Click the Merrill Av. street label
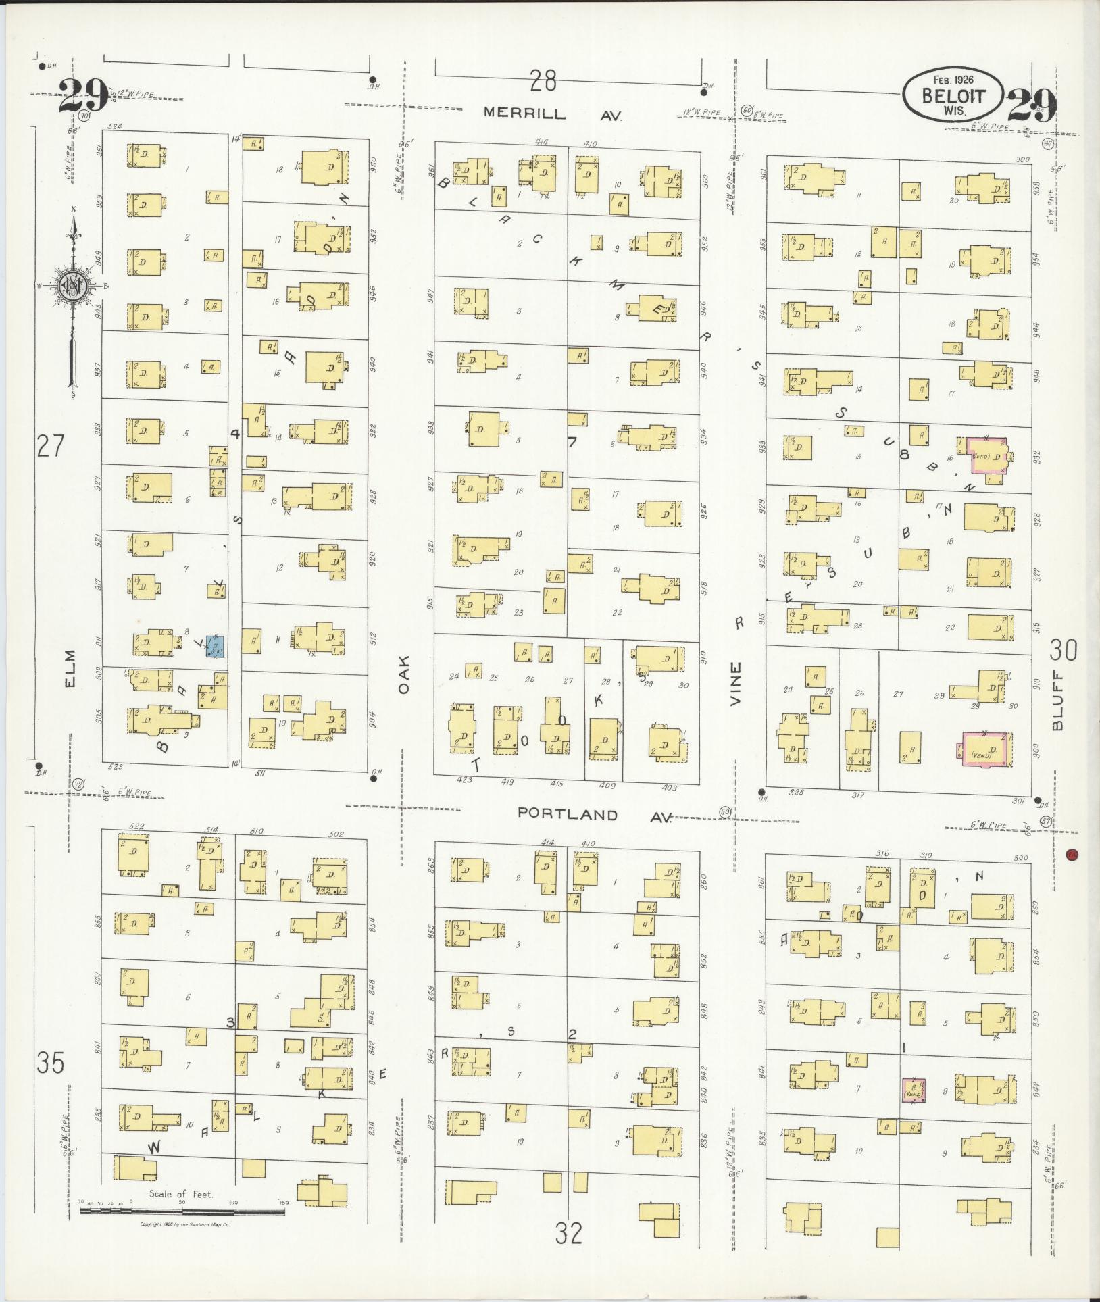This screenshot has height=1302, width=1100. (553, 114)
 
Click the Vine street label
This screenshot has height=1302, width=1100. (735, 684)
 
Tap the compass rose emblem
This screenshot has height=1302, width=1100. (71, 286)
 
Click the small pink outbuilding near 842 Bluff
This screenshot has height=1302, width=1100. (914, 1090)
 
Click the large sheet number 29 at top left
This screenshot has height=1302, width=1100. (82, 96)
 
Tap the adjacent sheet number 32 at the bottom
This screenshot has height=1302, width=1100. (569, 1234)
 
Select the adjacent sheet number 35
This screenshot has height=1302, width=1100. (51, 1063)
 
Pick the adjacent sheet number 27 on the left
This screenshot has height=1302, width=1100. (51, 447)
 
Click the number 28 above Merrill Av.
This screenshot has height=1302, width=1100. (543, 82)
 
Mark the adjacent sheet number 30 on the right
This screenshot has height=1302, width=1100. (1063, 651)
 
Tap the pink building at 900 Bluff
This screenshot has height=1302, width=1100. (985, 750)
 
